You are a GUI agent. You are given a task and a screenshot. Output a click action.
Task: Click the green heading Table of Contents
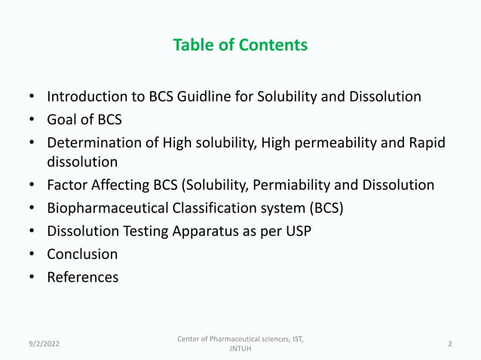click(x=240, y=45)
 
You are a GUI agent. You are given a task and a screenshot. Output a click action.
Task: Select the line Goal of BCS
click(x=84, y=120)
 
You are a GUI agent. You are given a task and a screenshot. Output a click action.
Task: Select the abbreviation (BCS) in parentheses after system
click(x=325, y=209)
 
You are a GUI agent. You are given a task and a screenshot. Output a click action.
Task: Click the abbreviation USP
click(x=297, y=231)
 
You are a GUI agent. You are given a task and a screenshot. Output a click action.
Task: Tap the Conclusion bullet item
click(x=82, y=255)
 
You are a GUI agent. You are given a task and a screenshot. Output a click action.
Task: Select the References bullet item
click(x=82, y=277)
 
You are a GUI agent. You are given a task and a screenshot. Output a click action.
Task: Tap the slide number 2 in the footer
click(x=449, y=344)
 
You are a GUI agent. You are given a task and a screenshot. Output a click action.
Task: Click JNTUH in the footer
click(x=240, y=350)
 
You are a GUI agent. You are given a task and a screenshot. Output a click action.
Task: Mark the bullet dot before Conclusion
click(x=32, y=255)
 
